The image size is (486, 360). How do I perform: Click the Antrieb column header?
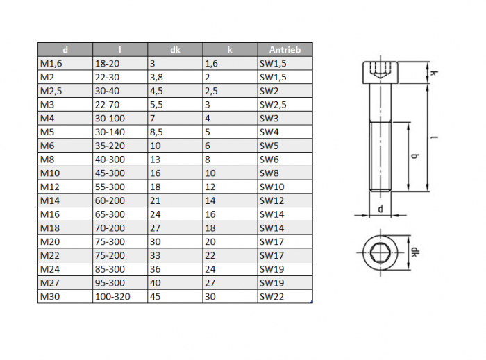[285, 50]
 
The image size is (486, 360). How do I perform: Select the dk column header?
[175, 50]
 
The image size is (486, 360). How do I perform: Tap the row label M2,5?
[51, 91]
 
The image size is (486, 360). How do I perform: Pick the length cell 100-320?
[112, 297]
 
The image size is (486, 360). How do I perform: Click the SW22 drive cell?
[272, 297]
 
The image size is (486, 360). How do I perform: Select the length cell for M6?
[110, 146]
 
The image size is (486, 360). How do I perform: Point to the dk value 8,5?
[156, 132]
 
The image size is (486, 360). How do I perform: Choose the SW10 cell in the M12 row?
[272, 187]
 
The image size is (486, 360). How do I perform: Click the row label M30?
[50, 297]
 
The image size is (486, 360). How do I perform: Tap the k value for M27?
[210, 283]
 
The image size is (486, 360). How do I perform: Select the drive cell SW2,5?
[273, 105]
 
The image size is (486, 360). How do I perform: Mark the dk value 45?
[156, 297]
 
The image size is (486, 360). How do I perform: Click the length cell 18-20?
[107, 64]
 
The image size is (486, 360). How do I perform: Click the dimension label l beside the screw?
[435, 137]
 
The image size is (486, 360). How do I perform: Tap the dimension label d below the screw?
[380, 209]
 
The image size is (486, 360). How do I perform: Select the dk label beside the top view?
[414, 252]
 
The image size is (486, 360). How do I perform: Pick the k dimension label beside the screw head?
[434, 74]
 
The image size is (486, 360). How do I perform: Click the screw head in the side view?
[380, 73]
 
